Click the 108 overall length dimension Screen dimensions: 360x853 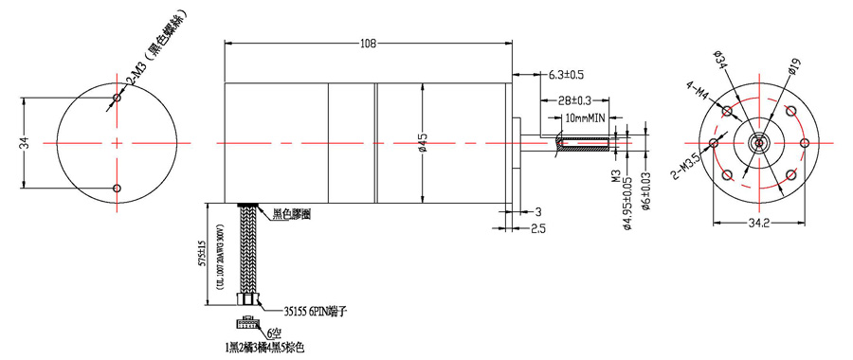click(369, 43)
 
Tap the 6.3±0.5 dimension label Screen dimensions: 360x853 click(566, 73)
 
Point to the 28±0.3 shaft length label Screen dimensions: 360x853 click(574, 99)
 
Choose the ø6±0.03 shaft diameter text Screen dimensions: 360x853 click(645, 200)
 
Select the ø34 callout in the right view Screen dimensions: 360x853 click(718, 59)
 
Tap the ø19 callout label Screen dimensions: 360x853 click(793, 64)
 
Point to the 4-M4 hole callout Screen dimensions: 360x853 click(699, 92)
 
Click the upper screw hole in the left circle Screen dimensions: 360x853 click(117, 98)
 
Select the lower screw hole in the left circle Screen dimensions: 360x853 click(117, 188)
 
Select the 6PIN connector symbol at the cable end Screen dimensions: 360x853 click(249, 321)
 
